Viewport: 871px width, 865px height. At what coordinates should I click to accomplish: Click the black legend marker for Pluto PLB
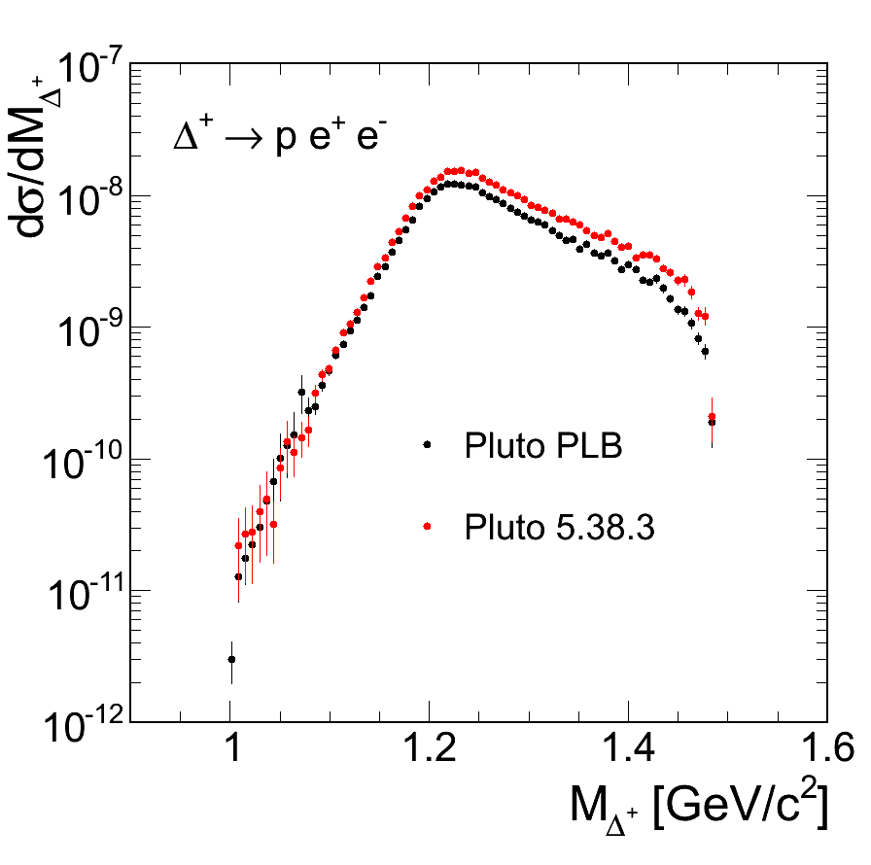426,446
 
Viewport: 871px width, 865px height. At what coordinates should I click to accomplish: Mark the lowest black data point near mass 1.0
231,659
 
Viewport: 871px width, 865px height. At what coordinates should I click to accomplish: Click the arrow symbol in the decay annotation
244,139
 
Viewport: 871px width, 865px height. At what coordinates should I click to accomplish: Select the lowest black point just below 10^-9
705,351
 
